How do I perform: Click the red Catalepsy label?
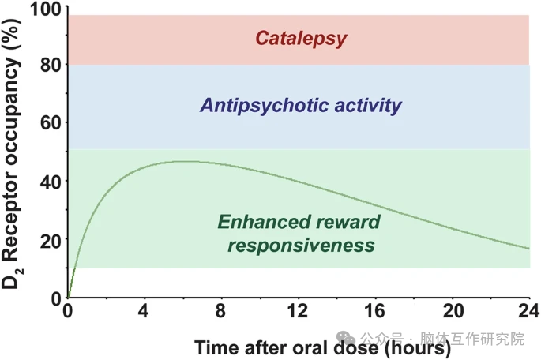(x=300, y=38)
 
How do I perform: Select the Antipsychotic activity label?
(x=301, y=105)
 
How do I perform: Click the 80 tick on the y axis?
(x=49, y=65)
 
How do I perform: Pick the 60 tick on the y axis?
(x=49, y=123)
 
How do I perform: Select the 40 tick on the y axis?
(x=49, y=181)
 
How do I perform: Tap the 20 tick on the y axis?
(x=49, y=238)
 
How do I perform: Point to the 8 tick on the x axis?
(x=221, y=309)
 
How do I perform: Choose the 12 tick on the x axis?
(x=298, y=309)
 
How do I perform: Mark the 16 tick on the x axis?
(x=374, y=309)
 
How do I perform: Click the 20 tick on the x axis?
(x=452, y=309)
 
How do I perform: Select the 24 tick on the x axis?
(x=528, y=309)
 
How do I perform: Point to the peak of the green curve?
(x=183, y=161)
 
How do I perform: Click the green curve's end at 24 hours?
(x=528, y=249)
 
